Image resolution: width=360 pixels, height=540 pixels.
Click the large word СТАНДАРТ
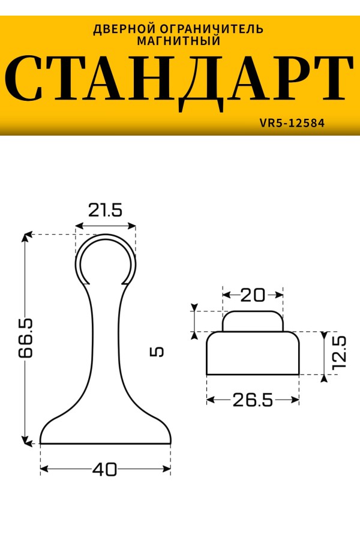click(179, 83)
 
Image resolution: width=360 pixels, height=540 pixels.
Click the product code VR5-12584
click(292, 123)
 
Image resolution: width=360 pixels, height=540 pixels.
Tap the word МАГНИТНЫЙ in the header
click(179, 41)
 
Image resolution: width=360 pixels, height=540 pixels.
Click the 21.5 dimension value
click(105, 210)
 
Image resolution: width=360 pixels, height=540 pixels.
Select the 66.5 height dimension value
click(26, 338)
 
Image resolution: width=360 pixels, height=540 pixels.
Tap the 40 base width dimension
click(105, 469)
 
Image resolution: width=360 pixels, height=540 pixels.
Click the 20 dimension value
click(253, 295)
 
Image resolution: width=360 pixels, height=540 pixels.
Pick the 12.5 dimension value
click(339, 353)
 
